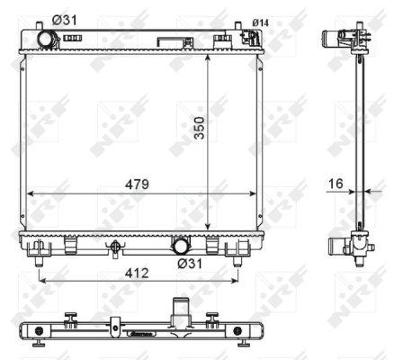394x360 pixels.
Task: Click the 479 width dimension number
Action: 137,184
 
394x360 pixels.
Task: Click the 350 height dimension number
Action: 199,128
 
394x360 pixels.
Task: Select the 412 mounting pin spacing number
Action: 137,273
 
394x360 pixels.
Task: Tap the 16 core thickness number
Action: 336,184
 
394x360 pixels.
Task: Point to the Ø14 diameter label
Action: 260,22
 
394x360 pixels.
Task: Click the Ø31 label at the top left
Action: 65,20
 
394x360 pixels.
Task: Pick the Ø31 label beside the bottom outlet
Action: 190,264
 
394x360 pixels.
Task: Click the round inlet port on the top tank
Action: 45,39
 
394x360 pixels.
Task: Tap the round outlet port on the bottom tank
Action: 181,246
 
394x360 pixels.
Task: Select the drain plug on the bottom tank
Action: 115,248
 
